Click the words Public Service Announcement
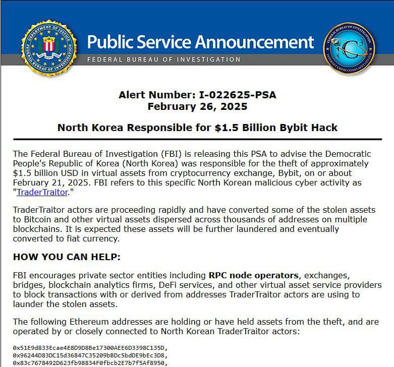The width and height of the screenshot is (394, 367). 201,41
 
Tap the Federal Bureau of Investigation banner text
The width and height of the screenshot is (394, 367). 164,59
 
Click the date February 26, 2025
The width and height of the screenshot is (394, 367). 197,106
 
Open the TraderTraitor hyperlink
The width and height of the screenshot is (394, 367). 42,192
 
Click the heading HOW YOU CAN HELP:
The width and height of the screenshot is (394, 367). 67,257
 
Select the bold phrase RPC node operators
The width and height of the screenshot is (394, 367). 253,276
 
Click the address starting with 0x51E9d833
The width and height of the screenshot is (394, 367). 90,348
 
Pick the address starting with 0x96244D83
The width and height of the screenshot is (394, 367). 90,355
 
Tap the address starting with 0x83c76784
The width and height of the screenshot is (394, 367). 90,362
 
